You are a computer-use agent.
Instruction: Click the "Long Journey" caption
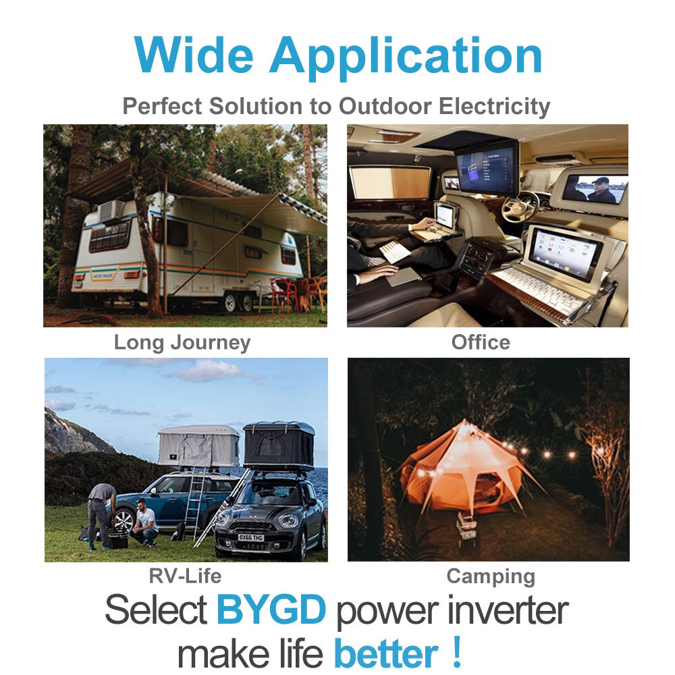point(182,342)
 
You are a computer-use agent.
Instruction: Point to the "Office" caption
point(481,342)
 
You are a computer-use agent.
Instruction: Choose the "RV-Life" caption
point(185,576)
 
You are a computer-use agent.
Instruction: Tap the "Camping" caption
point(491,576)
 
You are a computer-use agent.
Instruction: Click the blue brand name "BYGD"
point(271,610)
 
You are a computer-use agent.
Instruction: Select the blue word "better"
point(386,653)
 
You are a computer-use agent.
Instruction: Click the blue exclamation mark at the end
point(458,651)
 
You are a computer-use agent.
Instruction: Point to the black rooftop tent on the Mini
point(279,445)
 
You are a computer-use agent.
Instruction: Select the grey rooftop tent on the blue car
point(198,446)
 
